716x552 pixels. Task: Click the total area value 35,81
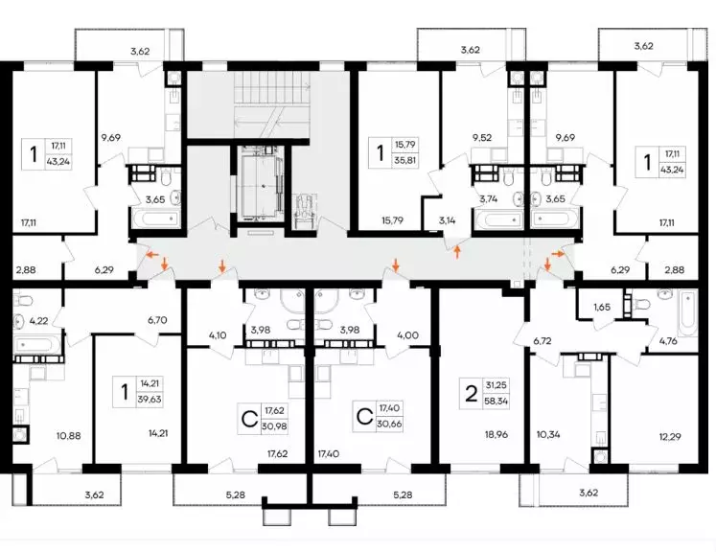point(405,160)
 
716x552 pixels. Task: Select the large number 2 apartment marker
point(471,394)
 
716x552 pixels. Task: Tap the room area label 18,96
point(496,435)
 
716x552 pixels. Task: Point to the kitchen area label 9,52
point(482,137)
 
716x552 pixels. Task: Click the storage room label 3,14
point(448,220)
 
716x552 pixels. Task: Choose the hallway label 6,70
point(157,320)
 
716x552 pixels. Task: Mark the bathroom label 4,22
point(38,320)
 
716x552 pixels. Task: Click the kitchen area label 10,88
point(69,436)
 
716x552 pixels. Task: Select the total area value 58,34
point(497,402)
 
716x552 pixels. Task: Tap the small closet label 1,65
point(602,307)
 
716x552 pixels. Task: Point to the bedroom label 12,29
point(669,436)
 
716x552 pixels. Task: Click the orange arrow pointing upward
point(457,252)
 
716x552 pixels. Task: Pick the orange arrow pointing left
point(152,254)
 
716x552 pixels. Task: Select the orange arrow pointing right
point(558,252)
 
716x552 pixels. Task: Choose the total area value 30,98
point(273,425)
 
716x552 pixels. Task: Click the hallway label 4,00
point(408,335)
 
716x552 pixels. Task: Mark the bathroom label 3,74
point(488,198)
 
